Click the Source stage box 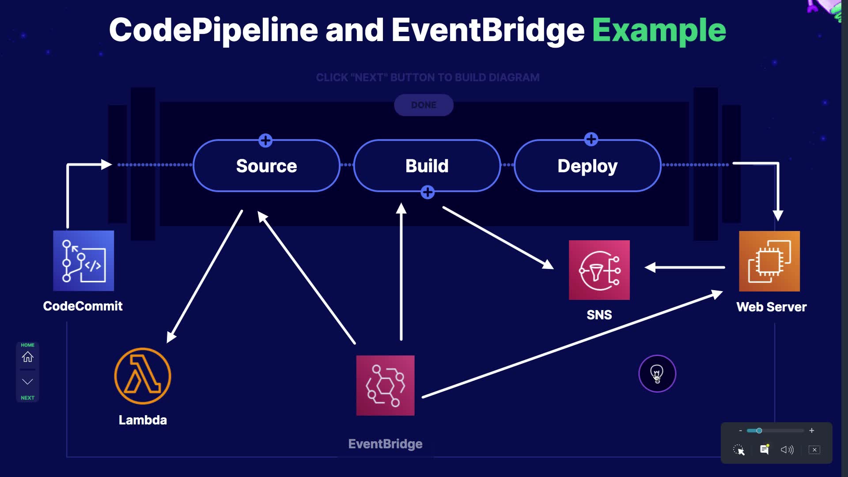(x=266, y=166)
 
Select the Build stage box (x=427, y=166)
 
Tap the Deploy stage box (x=587, y=166)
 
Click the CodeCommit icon (x=83, y=261)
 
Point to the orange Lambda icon (x=143, y=376)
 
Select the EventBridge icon (x=385, y=385)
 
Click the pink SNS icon (x=599, y=270)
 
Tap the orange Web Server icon (x=769, y=261)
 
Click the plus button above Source (x=265, y=141)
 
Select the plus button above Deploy (x=591, y=140)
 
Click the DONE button (x=424, y=105)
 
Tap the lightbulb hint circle (x=657, y=374)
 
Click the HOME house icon (x=27, y=356)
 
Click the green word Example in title (x=659, y=30)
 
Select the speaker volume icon (x=787, y=450)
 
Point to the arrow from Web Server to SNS (x=685, y=267)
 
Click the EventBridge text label (x=385, y=444)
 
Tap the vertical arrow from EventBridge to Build (x=401, y=274)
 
